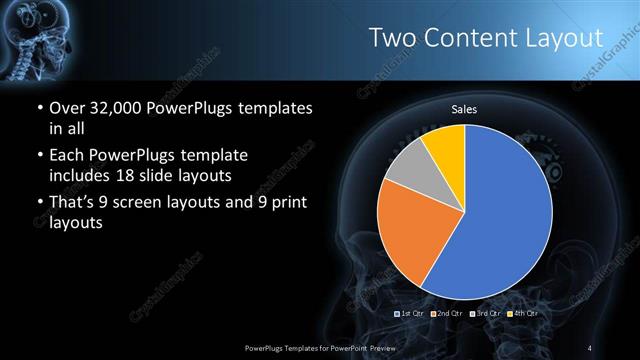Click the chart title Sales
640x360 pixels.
tap(464, 108)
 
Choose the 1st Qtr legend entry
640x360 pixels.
tap(413, 314)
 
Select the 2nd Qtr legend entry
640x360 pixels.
tap(447, 314)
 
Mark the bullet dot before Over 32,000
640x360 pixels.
tap(38, 108)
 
